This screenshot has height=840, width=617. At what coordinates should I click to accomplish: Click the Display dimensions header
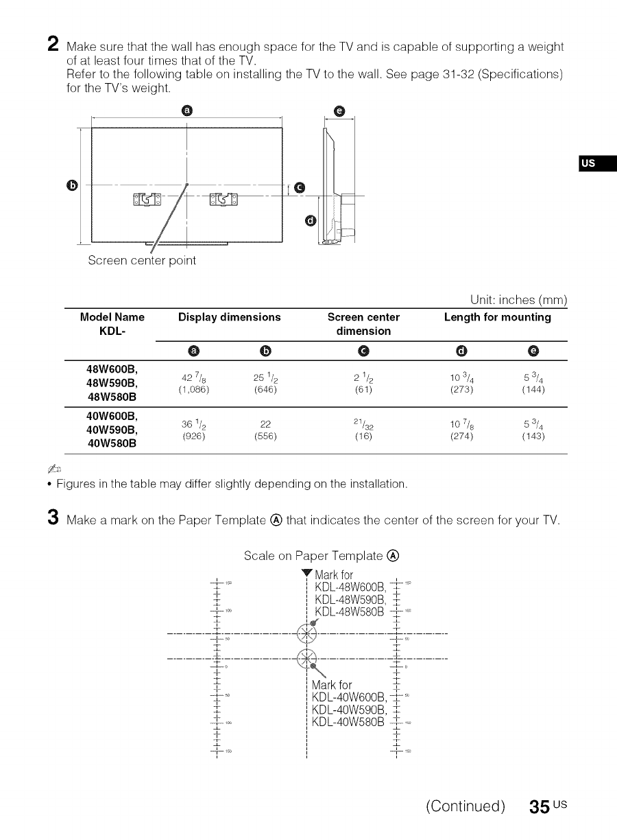pos(229,317)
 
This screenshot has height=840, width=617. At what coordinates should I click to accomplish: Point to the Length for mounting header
pos(497,317)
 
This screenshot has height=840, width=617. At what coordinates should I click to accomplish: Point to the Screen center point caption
pos(142,261)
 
